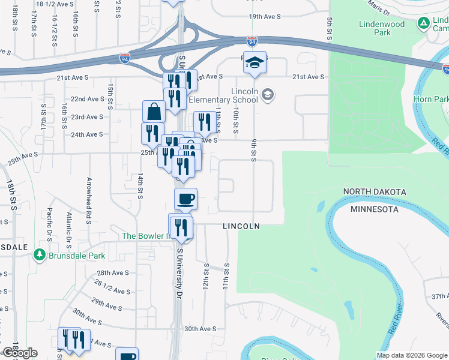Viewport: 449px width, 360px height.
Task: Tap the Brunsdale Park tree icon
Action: click(40, 256)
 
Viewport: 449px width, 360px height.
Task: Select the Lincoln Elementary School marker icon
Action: click(268, 95)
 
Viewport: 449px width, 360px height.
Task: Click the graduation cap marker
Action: click(255, 63)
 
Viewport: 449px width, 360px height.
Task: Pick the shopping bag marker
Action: click(154, 112)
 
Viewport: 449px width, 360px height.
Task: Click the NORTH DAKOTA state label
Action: click(375, 191)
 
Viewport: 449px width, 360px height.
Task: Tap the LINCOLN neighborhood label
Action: click(241, 226)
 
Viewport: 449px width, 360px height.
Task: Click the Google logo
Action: click(20, 353)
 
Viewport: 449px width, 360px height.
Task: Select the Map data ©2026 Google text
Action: click(411, 355)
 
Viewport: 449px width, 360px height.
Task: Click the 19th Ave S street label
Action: click(264, 16)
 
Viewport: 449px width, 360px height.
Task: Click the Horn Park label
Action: click(431, 98)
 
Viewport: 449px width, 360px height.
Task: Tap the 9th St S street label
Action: click(254, 149)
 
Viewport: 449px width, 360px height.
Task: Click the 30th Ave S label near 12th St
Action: click(199, 329)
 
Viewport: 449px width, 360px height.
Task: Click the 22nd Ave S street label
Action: click(88, 98)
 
